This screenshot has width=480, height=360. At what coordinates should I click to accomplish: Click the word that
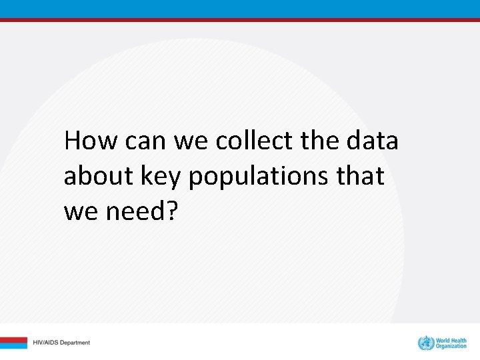[x=363, y=177]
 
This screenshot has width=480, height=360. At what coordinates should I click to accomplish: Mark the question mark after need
[x=173, y=212]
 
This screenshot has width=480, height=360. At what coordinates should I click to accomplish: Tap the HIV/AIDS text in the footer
[x=46, y=343]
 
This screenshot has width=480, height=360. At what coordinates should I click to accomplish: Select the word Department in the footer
[x=75, y=343]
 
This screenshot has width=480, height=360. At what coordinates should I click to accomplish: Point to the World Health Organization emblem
[x=425, y=343]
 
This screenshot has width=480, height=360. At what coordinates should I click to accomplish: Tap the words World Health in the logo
[x=451, y=340]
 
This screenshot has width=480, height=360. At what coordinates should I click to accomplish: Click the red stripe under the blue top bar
[x=240, y=20]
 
